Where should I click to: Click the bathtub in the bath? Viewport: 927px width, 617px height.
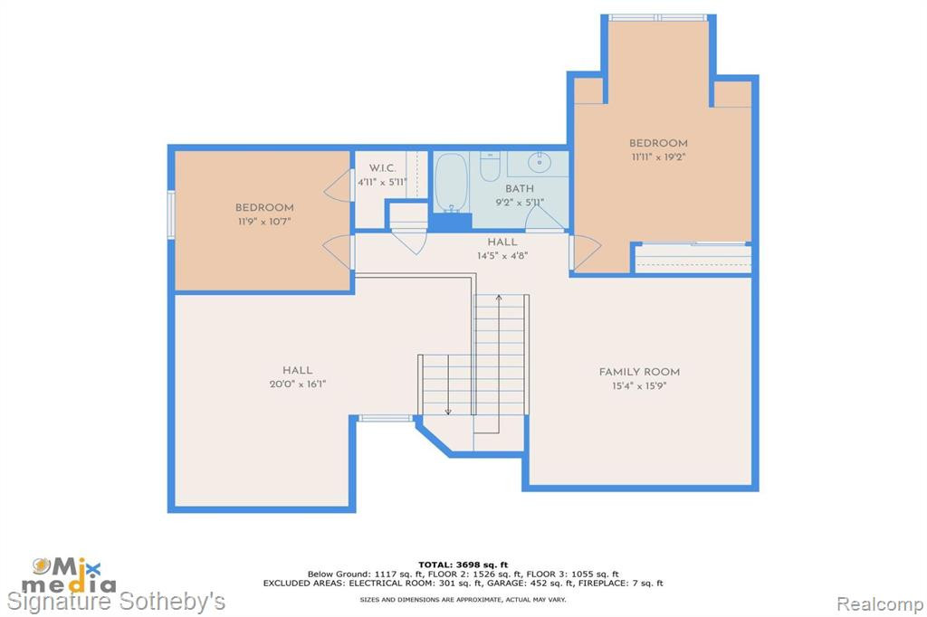pyautogui.click(x=452, y=183)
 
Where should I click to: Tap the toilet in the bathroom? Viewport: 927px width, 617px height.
pyautogui.click(x=490, y=166)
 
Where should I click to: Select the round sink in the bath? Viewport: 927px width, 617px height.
pyautogui.click(x=540, y=161)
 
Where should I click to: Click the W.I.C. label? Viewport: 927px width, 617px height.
pyautogui.click(x=383, y=168)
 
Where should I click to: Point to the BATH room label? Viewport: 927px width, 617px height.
pyautogui.click(x=520, y=188)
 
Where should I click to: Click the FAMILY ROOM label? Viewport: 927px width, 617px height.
pyautogui.click(x=639, y=372)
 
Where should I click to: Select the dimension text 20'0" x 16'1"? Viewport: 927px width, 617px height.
pyautogui.click(x=297, y=384)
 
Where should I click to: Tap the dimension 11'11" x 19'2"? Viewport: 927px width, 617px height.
pyautogui.click(x=658, y=157)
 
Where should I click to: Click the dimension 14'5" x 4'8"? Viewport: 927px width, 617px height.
pyautogui.click(x=502, y=256)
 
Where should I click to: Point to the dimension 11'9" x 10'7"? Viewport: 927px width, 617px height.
pyautogui.click(x=264, y=222)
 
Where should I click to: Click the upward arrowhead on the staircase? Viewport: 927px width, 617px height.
pyautogui.click(x=499, y=298)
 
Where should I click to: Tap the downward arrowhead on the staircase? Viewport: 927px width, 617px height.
pyautogui.click(x=448, y=411)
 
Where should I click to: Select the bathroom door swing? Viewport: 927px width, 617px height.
pyautogui.click(x=544, y=217)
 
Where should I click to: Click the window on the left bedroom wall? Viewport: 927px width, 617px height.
pyautogui.click(x=171, y=214)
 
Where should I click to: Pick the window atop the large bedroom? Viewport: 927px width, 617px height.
pyautogui.click(x=658, y=18)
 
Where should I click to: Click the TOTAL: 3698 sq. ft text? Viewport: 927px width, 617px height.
pyautogui.click(x=463, y=565)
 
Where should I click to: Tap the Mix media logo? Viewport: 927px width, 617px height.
pyautogui.click(x=68, y=575)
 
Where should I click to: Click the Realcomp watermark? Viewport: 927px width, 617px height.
pyautogui.click(x=880, y=603)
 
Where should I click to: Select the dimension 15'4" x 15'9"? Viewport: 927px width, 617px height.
pyautogui.click(x=639, y=386)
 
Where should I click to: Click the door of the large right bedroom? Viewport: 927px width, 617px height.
pyautogui.click(x=585, y=252)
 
